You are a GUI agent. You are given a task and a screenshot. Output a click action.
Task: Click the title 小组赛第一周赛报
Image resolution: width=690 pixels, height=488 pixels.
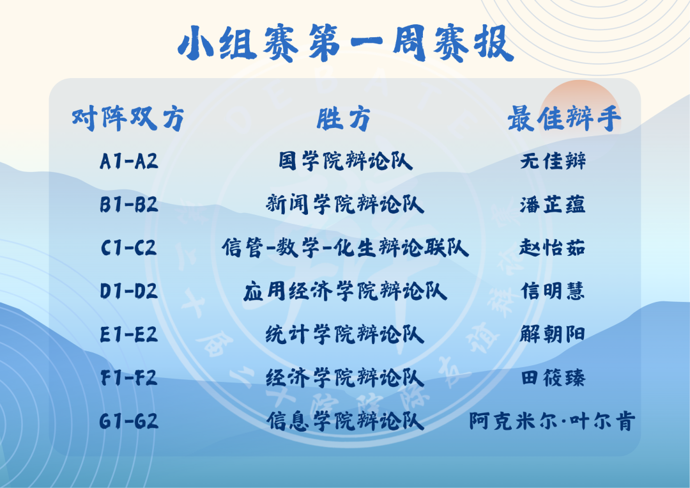[x=346, y=43]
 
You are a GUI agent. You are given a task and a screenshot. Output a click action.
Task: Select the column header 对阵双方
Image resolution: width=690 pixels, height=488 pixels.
[x=128, y=118]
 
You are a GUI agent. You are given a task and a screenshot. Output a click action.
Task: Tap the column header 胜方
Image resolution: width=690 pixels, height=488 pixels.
[x=344, y=118]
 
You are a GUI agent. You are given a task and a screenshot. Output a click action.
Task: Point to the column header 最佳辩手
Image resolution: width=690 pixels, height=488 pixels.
[x=565, y=118]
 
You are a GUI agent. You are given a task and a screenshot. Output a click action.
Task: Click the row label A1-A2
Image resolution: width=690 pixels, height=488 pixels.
[x=129, y=161]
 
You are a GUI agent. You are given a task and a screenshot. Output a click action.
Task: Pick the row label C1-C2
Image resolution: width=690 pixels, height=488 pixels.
[x=128, y=248]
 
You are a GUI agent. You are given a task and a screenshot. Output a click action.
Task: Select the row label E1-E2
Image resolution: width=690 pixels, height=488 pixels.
[x=128, y=335]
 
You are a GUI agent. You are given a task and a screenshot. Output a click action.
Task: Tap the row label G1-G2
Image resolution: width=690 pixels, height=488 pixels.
[x=128, y=421]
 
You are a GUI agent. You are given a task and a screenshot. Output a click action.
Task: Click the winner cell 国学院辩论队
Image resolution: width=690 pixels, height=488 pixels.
[x=346, y=161]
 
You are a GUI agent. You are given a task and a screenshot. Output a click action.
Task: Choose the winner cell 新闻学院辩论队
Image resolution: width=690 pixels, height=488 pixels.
[x=345, y=205]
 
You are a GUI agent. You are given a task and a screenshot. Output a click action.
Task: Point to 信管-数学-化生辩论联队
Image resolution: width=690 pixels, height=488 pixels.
[x=346, y=248]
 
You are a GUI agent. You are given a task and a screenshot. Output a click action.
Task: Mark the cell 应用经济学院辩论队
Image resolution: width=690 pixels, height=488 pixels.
[x=346, y=291]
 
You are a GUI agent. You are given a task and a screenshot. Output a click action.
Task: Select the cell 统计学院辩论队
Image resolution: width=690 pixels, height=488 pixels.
[x=345, y=335]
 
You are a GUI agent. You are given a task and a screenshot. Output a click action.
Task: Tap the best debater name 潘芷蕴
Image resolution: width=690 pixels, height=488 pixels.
[x=553, y=205]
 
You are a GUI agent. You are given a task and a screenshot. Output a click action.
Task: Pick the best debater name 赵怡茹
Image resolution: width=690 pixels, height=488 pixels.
[x=552, y=248]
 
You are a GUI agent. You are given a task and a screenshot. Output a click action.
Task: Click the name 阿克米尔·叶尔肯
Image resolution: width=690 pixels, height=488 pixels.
[x=552, y=421]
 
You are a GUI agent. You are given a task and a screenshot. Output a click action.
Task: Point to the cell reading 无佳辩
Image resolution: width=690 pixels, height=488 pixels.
[x=553, y=161]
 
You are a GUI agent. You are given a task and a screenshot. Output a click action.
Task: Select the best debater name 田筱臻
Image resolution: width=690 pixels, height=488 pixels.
[x=553, y=378]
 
